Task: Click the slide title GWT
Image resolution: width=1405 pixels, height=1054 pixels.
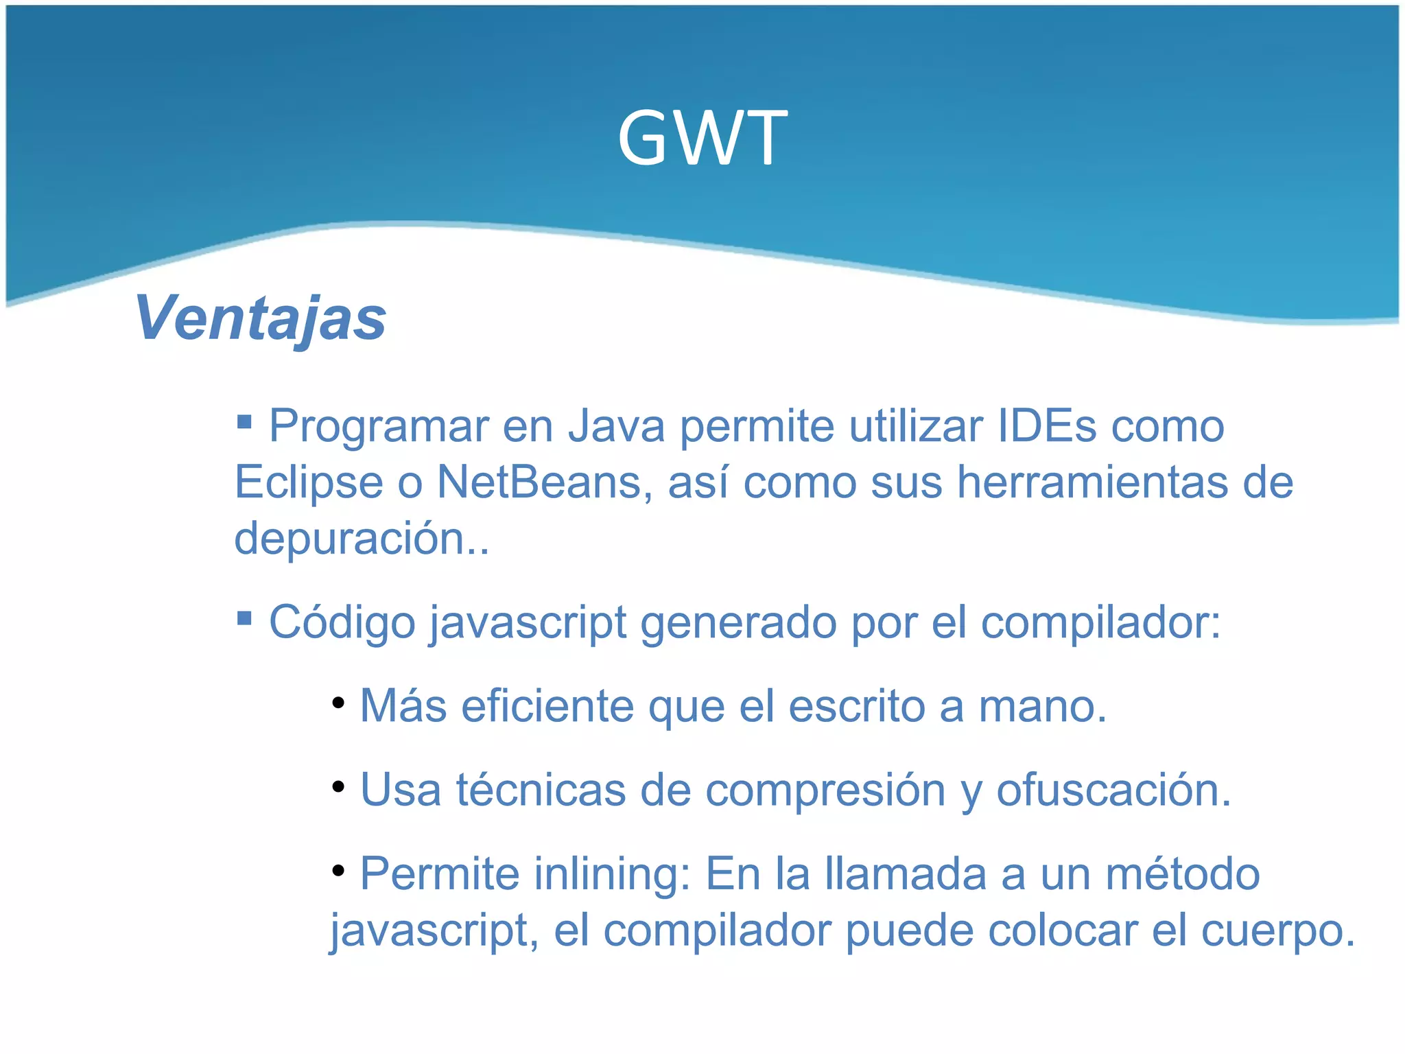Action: pos(702,139)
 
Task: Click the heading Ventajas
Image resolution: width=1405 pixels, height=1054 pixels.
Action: pos(261,318)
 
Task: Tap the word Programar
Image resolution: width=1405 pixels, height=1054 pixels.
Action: pos(379,428)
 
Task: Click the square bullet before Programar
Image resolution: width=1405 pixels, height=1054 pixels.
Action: pos(244,421)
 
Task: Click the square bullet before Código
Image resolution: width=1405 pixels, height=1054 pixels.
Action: pos(244,618)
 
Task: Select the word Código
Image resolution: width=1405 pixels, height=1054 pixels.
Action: pos(342,622)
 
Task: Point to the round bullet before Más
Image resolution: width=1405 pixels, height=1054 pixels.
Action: pos(338,703)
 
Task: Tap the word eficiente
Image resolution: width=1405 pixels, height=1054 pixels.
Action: pos(547,706)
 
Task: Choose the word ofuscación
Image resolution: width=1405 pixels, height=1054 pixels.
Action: pos(1113,790)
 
